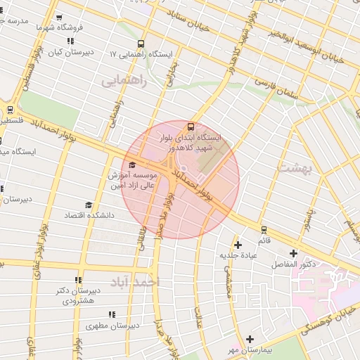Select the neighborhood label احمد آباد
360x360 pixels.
pos(136,281)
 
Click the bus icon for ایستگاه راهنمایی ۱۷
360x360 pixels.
pos(141,43)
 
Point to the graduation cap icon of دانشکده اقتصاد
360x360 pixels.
pos(89,205)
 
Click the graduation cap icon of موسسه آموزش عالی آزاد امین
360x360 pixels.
pos(132,165)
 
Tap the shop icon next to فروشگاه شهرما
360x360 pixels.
pos(58,18)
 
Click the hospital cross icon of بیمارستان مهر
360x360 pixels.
pos(250,339)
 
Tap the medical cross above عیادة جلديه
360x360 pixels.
pos(238,245)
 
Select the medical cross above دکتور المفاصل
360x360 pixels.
pos(293,253)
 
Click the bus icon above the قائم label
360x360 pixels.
pos(264,229)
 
